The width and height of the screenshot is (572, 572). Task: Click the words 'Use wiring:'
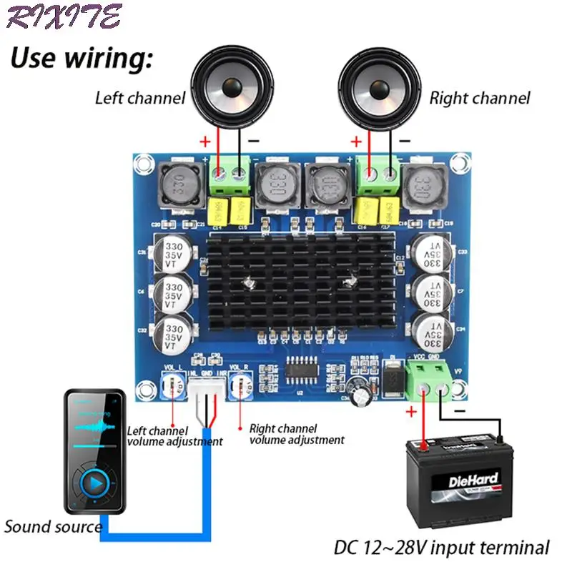[81, 58]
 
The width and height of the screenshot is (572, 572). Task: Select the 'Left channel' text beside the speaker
[140, 98]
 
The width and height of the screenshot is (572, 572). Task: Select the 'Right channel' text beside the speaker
[480, 98]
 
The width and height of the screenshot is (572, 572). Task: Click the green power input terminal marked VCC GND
[429, 377]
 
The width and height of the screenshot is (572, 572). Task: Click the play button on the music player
[95, 484]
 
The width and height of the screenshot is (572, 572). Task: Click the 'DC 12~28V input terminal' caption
[442, 548]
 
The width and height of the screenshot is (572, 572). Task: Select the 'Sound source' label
[54, 527]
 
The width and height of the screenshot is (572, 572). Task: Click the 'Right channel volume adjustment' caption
[295, 434]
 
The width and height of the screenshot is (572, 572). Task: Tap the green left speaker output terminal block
[230, 175]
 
